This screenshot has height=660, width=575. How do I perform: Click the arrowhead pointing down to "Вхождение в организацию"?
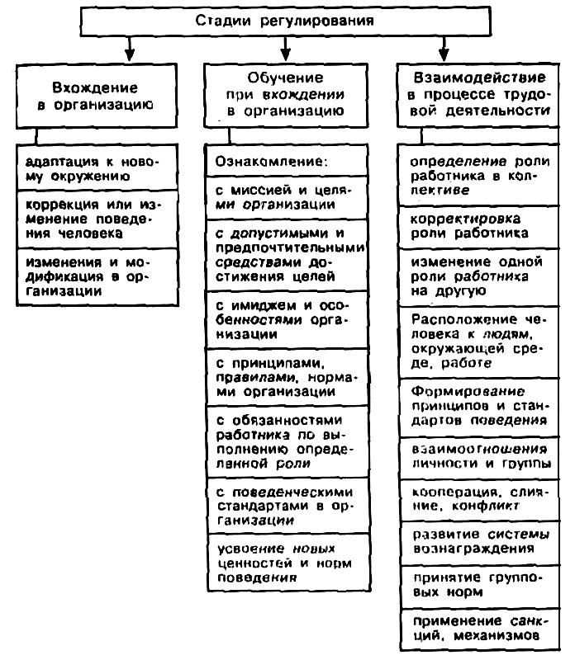click(x=128, y=53)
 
